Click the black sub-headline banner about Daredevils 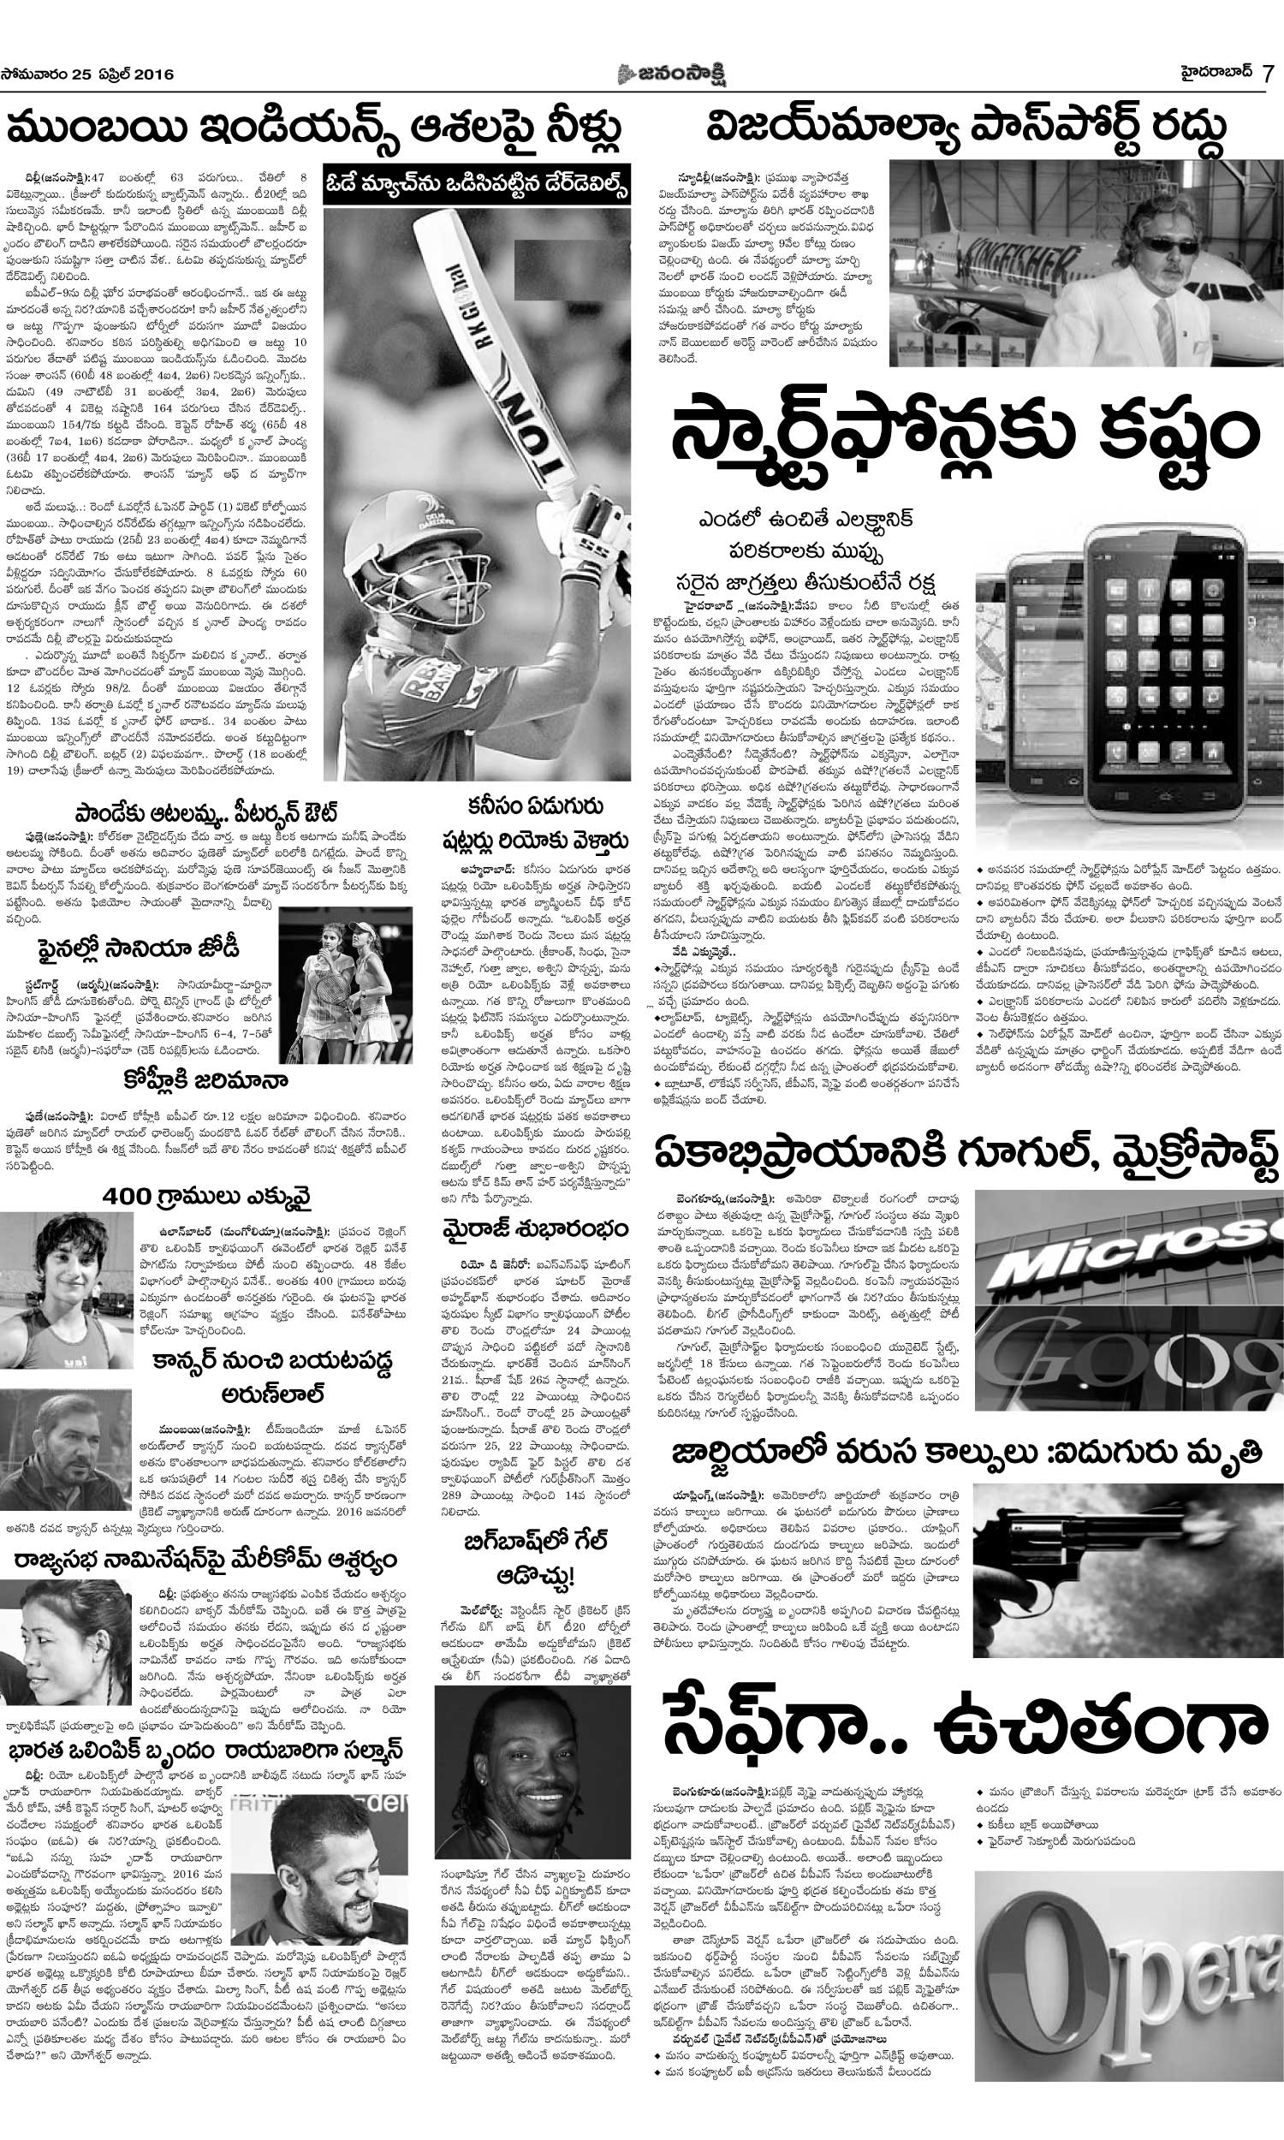pyautogui.click(x=476, y=185)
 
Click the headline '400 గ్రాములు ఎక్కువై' pyautogui.click(x=207, y=1198)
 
